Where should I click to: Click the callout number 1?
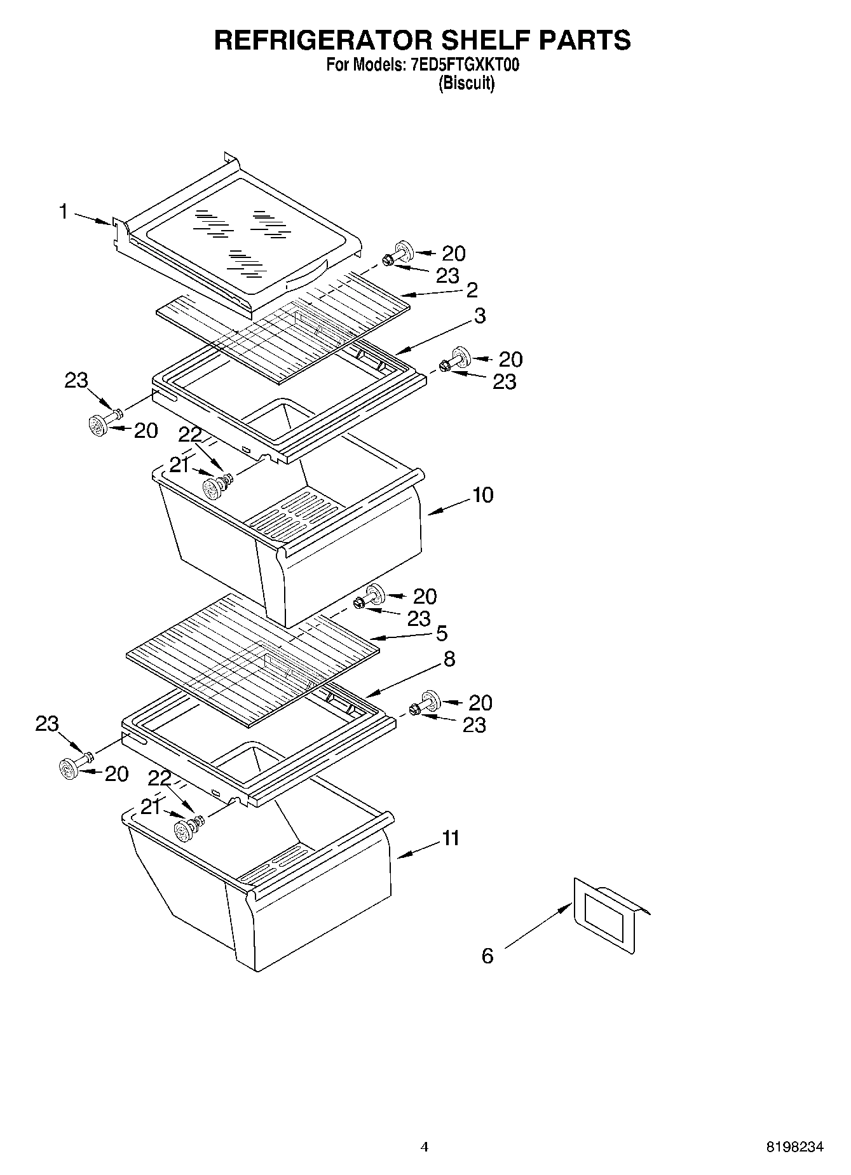click(64, 211)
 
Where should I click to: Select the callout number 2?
click(472, 290)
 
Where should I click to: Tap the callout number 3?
click(480, 315)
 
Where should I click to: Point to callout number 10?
click(483, 495)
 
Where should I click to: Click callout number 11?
click(451, 838)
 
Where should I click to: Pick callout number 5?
click(441, 633)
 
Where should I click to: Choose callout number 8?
click(449, 659)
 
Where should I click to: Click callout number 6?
click(487, 956)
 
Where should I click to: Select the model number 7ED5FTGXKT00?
click(461, 65)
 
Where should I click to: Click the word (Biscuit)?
click(466, 83)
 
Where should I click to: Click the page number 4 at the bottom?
click(425, 1147)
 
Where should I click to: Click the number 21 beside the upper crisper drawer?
click(179, 466)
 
